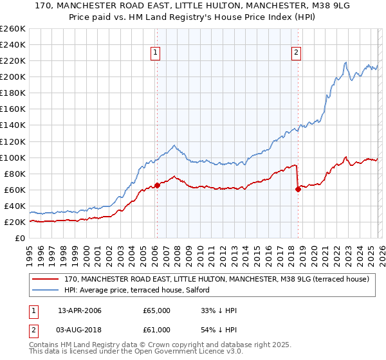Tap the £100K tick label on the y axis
click(12, 157)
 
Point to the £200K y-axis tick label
click(12, 76)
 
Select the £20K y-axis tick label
click(15, 222)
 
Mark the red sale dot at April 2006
click(157, 185)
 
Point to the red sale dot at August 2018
click(298, 188)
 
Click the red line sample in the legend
click(46, 279)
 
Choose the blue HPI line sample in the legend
click(46, 290)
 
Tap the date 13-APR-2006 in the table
click(80, 310)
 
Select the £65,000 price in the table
click(157, 310)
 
